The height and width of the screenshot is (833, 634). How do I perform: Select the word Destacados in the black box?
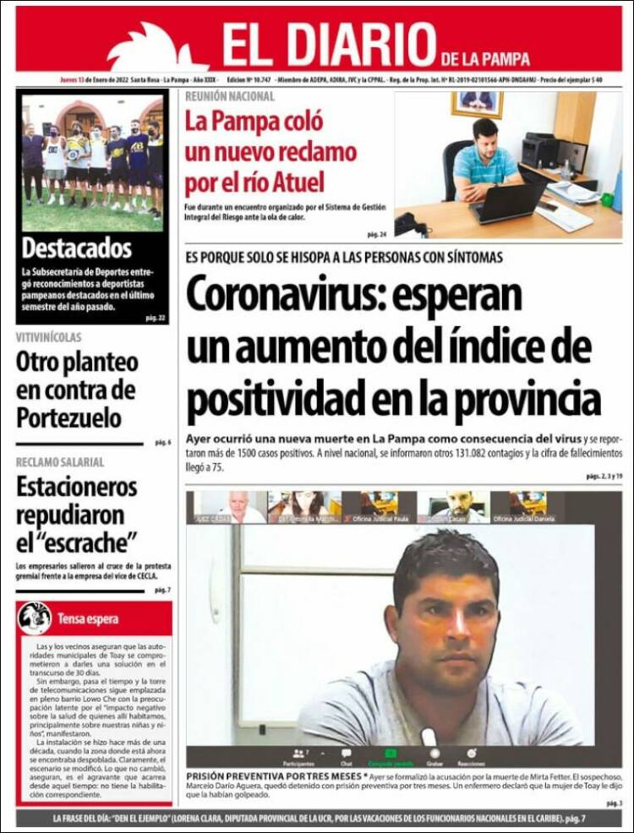pos(77,248)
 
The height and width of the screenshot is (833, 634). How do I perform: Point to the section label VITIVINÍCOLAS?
pos(49,337)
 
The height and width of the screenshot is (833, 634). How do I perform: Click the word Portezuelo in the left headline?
pos(68,417)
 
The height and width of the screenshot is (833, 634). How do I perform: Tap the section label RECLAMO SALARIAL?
pos(60,462)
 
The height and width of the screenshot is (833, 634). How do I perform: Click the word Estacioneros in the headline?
pos(76,487)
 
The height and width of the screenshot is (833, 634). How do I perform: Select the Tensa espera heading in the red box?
pos(88,619)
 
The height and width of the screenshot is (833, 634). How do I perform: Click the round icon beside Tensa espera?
pos(35,618)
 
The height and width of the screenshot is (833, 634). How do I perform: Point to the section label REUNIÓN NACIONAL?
pos(230,96)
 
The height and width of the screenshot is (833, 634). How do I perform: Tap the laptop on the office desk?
pos(506,203)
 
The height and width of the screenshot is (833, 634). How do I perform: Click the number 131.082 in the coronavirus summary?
pos(457,454)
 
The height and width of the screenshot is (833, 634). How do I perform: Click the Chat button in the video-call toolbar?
pos(346,755)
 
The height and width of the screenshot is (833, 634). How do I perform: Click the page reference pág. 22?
pos(155,318)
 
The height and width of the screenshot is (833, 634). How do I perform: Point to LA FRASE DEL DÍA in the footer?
pos(90,819)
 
